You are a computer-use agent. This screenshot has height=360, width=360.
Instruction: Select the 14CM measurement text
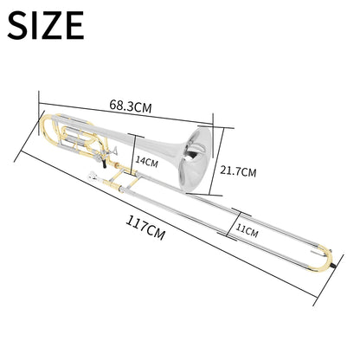147,161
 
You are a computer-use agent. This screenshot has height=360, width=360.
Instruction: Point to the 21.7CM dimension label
238,170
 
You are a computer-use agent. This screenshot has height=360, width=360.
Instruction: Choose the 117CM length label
143,230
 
